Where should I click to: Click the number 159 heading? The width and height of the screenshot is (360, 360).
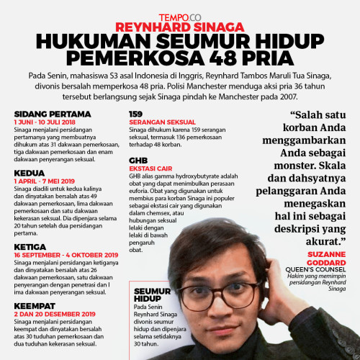135,114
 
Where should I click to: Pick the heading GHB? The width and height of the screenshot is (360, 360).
138,160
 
